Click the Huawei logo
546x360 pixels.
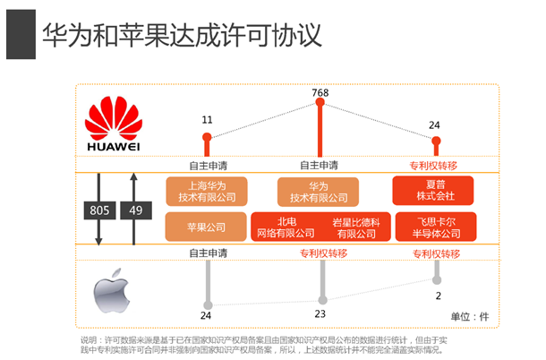click(x=114, y=124)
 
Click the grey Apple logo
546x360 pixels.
click(x=111, y=291)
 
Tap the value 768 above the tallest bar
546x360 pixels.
click(x=320, y=93)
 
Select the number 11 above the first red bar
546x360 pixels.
click(x=207, y=120)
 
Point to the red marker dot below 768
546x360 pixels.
click(x=320, y=102)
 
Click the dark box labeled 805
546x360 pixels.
click(x=99, y=210)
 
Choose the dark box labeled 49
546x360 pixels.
click(x=136, y=210)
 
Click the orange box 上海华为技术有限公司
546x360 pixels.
click(x=207, y=192)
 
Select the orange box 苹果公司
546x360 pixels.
click(x=206, y=227)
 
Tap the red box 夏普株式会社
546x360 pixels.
click(x=433, y=191)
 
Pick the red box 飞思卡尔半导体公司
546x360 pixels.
click(x=436, y=227)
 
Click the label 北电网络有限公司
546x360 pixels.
click(x=286, y=227)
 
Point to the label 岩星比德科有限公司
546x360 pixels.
click(x=356, y=227)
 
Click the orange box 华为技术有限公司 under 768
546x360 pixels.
click(x=318, y=192)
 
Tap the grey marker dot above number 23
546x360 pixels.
click(x=323, y=300)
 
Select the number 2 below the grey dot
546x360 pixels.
click(x=438, y=296)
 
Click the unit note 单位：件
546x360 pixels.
click(x=470, y=316)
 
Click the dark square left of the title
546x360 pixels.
click(x=21, y=34)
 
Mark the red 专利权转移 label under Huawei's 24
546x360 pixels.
click(x=433, y=166)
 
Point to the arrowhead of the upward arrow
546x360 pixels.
click(x=133, y=176)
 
